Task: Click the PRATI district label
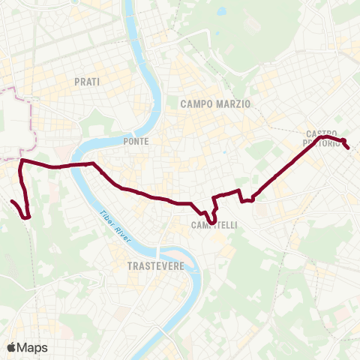coord(87,80)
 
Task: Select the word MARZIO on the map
coord(233,104)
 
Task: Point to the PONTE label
coord(136,141)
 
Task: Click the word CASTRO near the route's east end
coord(322,133)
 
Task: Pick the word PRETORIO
coord(321,142)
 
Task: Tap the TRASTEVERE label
coord(156,265)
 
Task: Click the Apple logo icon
coord(11,347)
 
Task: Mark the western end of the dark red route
coord(12,202)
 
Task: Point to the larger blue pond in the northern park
coord(222,13)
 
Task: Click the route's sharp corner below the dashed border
coord(21,161)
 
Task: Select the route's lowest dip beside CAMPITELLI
coord(212,222)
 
